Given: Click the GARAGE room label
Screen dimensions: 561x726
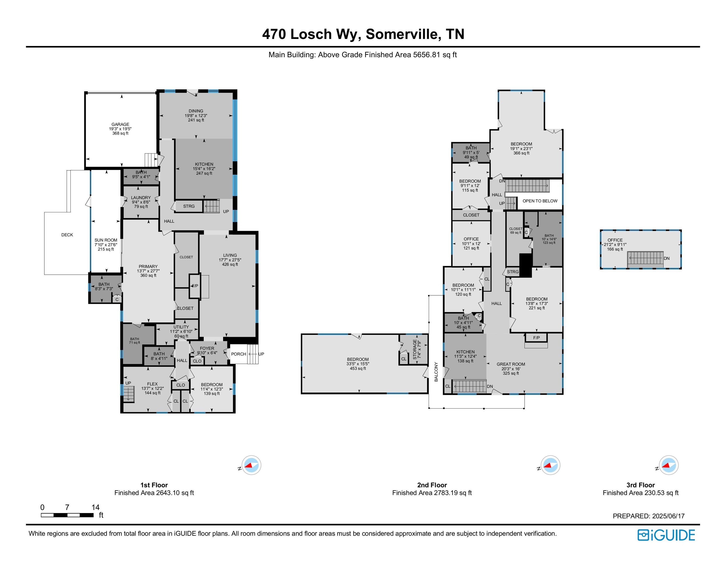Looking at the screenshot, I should [120, 124].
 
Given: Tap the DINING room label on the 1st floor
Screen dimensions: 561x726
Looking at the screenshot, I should [196, 111].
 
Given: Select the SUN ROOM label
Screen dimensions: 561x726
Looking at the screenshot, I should [106, 240].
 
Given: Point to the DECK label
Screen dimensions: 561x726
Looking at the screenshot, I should [67, 235].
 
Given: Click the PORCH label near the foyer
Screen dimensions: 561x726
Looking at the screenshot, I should [238, 354].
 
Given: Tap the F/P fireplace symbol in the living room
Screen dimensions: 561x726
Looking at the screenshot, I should [195, 286].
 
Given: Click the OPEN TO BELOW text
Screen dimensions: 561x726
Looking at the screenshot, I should [540, 201].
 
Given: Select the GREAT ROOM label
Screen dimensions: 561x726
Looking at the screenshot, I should [511, 364].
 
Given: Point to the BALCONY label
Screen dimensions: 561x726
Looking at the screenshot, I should [436, 372].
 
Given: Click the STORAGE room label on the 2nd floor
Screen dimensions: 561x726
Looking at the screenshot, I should [415, 349].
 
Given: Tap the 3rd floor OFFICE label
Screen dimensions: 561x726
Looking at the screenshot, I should [615, 240].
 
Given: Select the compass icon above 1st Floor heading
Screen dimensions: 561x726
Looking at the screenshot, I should [251, 465].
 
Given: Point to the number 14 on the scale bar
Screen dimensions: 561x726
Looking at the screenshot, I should [95, 507].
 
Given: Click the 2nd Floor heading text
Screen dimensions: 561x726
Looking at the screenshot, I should [432, 485].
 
